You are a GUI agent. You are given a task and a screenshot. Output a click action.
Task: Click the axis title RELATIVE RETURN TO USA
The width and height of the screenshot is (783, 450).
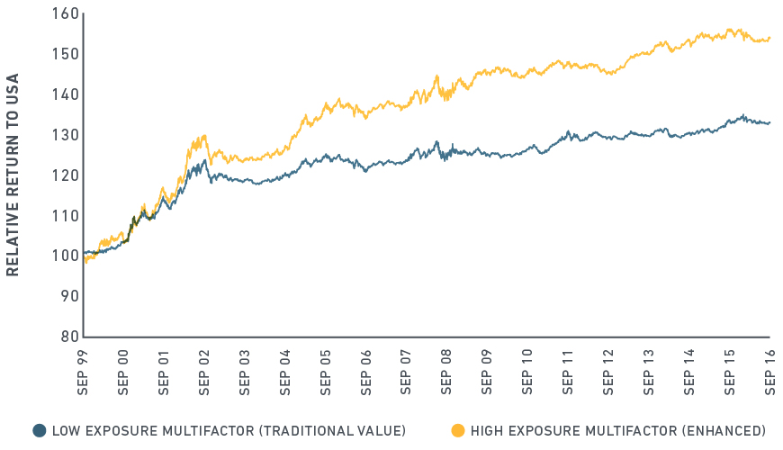click(13, 175)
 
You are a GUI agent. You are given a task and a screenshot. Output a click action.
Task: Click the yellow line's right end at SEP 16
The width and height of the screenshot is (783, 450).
click(769, 38)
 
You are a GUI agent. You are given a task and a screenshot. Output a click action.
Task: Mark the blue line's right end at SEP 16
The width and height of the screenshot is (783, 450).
click(769, 122)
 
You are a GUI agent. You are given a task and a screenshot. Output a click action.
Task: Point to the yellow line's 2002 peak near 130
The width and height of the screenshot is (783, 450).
click(205, 136)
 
